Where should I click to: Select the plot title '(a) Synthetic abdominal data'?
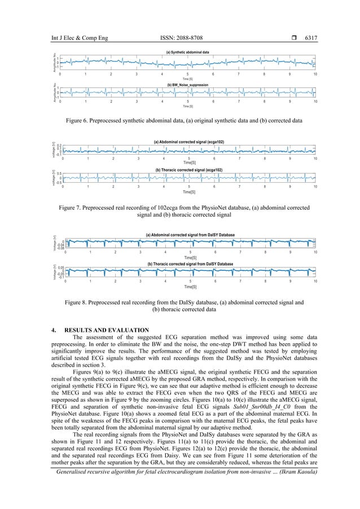coord(187,51)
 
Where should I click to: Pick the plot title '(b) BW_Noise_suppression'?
coord(187,85)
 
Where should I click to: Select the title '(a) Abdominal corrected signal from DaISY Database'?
coord(190,234)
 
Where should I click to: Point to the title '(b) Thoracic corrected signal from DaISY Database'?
coord(190,264)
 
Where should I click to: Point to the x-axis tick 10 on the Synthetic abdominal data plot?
coord(314,74)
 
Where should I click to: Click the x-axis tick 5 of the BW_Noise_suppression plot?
coord(187,102)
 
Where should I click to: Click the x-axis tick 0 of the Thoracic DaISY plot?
coord(65,280)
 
